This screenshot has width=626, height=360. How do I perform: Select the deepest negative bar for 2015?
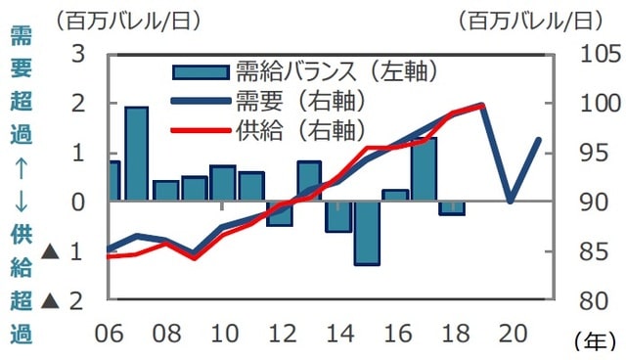367,233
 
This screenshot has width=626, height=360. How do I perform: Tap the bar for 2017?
424,169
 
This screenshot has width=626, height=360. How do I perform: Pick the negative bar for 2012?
280,213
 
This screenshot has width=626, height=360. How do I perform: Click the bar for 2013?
309,182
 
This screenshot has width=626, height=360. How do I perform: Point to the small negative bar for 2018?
452,207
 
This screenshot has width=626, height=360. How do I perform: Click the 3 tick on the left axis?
77,54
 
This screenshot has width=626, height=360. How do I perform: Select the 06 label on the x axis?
110,333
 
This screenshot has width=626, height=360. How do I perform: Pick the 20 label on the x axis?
511,333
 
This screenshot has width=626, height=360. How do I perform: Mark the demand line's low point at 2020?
511,202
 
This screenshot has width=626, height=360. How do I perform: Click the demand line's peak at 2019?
482,105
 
